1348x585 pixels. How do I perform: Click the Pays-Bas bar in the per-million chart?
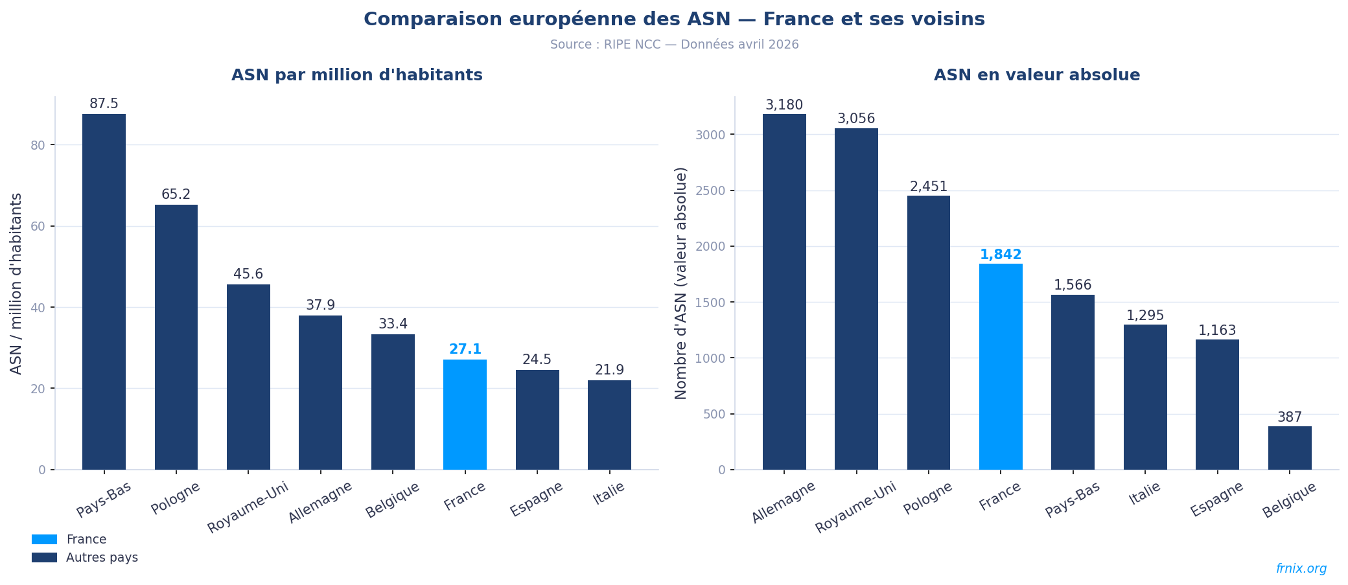(x=104, y=292)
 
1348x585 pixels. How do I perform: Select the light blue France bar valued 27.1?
(x=465, y=415)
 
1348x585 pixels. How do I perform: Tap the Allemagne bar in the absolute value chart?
(x=784, y=292)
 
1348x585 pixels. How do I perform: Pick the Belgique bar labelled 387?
(x=1290, y=448)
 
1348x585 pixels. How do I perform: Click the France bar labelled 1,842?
(x=1001, y=366)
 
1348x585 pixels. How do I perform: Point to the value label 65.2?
(x=176, y=194)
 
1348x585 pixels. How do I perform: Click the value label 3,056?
(x=856, y=119)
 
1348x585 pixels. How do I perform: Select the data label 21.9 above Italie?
(x=609, y=370)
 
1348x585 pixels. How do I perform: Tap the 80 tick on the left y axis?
(x=38, y=145)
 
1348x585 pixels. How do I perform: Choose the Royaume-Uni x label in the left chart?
(x=248, y=507)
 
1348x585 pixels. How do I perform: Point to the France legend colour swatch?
(x=44, y=540)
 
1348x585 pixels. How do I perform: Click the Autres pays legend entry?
(x=102, y=558)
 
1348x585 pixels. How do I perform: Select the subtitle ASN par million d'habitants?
(x=357, y=75)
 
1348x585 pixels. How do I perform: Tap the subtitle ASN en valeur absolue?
(x=1037, y=75)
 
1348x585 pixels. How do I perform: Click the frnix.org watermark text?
(x=1301, y=569)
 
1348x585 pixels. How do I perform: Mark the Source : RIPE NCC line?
(x=674, y=45)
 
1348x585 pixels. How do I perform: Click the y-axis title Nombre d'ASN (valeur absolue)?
(x=681, y=283)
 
